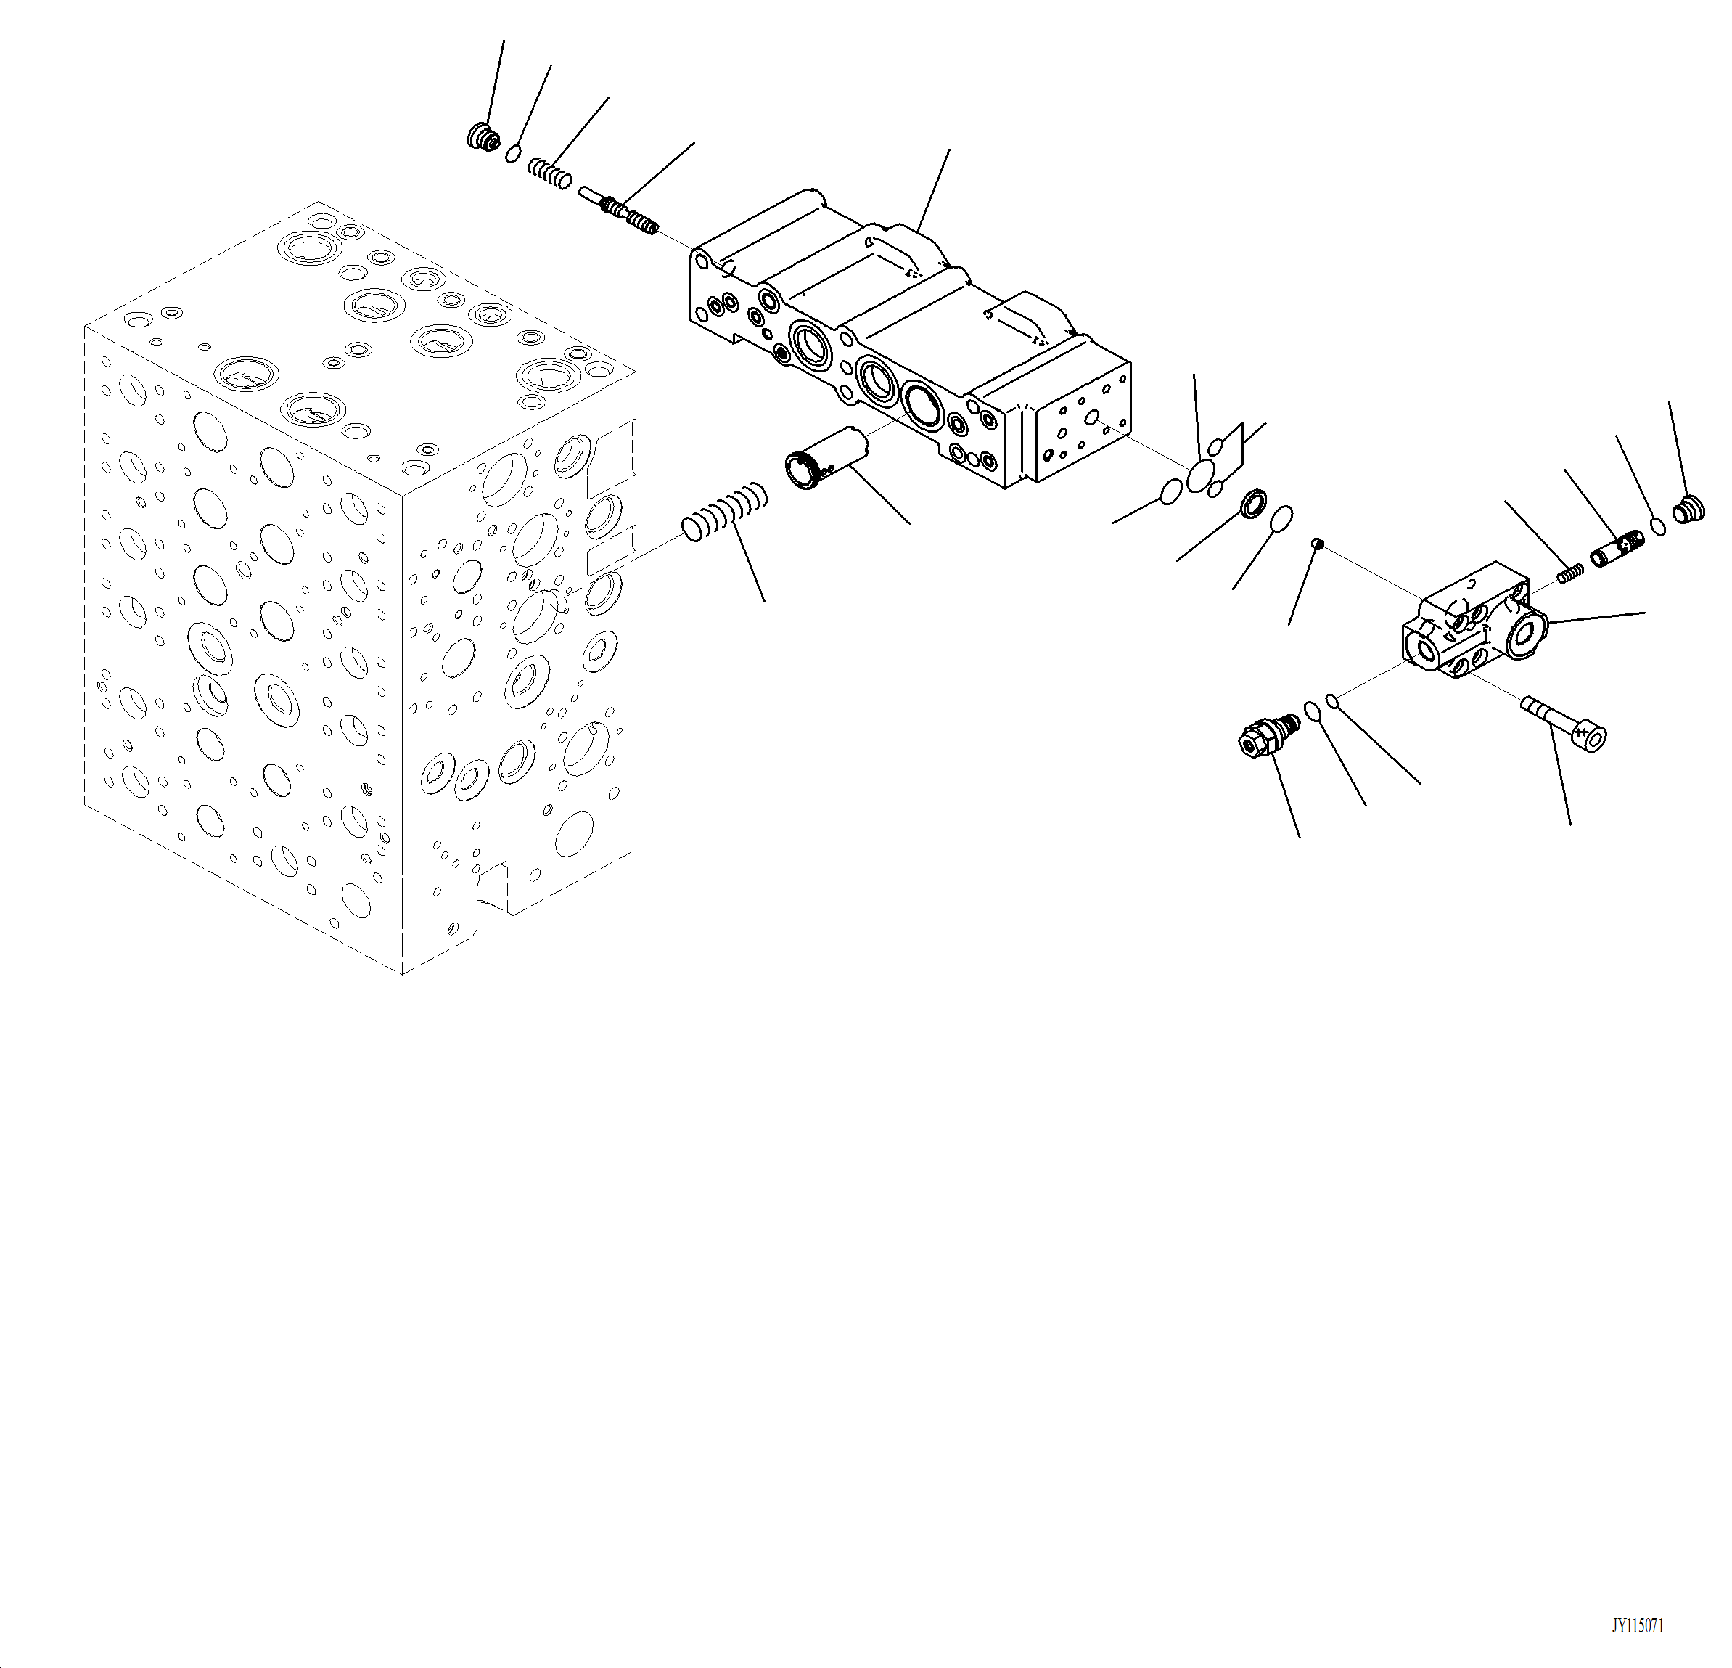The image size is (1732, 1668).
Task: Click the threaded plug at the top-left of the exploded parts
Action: click(x=482, y=137)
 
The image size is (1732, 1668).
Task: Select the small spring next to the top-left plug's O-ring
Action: click(x=550, y=172)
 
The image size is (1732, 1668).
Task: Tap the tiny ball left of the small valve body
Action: click(x=1317, y=543)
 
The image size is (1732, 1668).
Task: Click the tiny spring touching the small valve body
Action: click(x=1570, y=573)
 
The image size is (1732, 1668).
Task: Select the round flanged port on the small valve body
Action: click(x=1527, y=634)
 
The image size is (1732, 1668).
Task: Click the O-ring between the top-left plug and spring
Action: click(x=512, y=155)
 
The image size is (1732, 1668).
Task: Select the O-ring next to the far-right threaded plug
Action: click(x=1659, y=527)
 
